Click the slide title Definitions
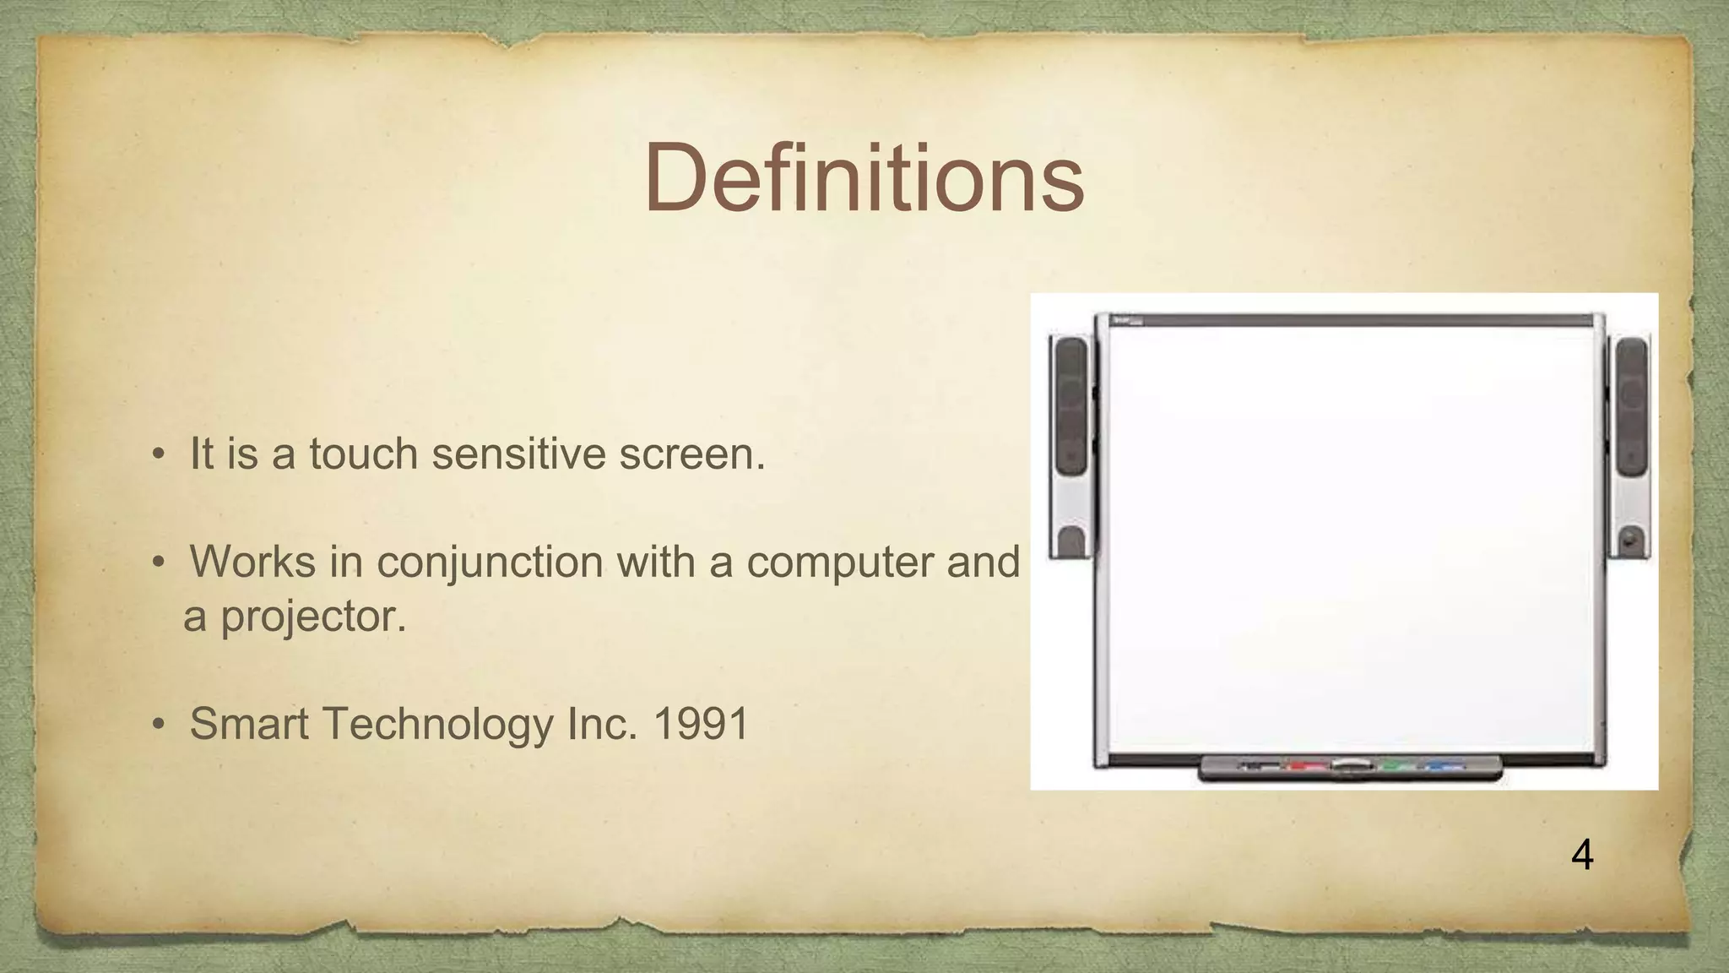click(864, 179)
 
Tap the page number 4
click(1582, 856)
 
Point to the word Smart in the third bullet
click(250, 724)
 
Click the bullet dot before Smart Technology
click(157, 726)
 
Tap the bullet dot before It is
click(157, 455)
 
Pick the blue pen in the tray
click(1445, 767)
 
